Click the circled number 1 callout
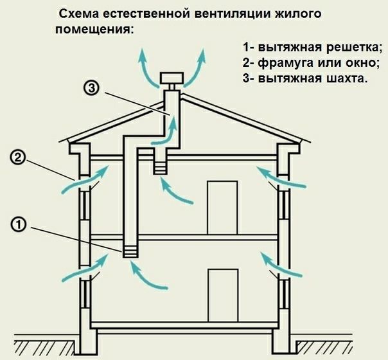pos(19,225)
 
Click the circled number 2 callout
pos(17,158)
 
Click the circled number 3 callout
pos(92,88)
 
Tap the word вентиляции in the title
pos(233,14)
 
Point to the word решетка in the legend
pos(351,48)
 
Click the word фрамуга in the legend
pos(284,64)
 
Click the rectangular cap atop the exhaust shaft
pos(172,78)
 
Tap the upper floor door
pos(222,208)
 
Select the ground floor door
pos(223,296)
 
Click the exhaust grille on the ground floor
pos(130,252)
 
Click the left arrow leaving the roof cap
pos(147,69)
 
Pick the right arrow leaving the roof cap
pos(197,69)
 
